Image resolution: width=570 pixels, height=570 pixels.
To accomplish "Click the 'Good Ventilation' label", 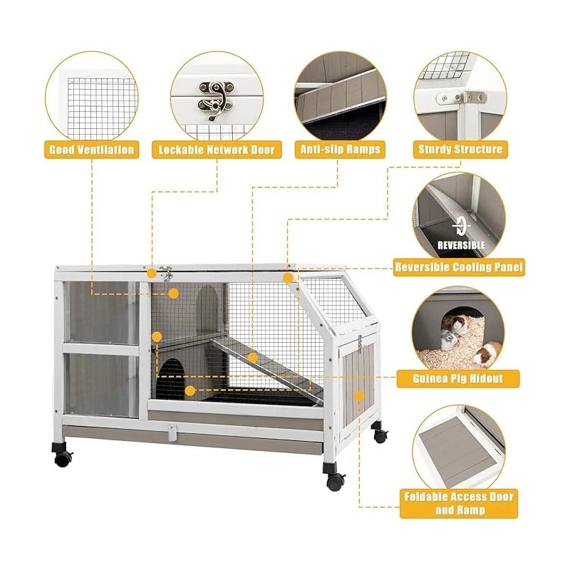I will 91,150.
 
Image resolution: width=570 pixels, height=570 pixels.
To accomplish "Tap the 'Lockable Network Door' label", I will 217,150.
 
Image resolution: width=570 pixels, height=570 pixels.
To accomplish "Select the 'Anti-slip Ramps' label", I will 341,150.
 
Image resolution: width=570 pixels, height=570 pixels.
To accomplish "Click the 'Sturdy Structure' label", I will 460,150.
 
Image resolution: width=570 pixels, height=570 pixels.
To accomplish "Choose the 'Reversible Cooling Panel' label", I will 460,268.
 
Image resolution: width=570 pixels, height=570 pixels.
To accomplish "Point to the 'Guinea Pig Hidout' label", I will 466,378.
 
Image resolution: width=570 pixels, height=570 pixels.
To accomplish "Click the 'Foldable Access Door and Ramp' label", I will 459,503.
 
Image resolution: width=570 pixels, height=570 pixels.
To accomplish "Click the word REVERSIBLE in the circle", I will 460,245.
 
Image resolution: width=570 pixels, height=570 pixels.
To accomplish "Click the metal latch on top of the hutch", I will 166,273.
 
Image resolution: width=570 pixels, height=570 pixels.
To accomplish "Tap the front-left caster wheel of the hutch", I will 63,457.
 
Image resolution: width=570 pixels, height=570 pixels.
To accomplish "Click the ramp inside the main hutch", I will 264,363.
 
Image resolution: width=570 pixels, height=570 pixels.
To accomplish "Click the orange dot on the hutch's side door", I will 360,395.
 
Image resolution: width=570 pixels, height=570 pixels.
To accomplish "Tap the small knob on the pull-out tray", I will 170,431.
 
